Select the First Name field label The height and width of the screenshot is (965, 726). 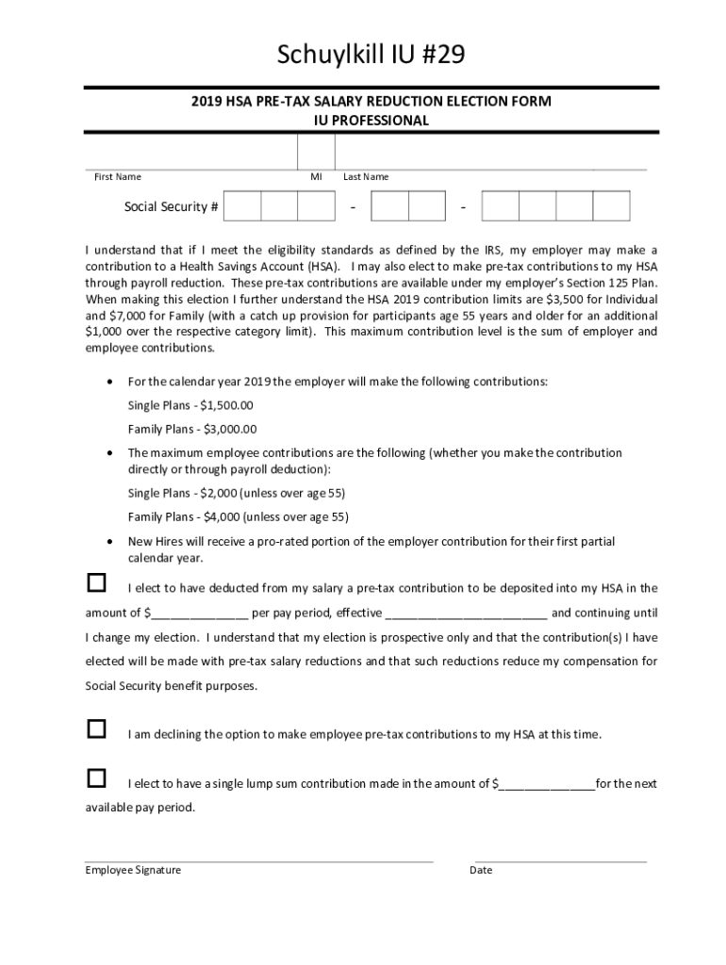coord(118,177)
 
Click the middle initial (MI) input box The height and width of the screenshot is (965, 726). coord(316,152)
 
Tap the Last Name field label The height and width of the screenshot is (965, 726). coord(366,177)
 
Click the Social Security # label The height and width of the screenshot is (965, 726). coord(172,206)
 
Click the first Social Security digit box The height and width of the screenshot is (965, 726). coord(242,205)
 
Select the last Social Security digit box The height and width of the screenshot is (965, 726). coord(611,205)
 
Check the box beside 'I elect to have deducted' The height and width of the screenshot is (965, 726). coord(96,582)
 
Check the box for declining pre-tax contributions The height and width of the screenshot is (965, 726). coord(96,728)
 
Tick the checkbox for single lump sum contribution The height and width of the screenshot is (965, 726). coord(96,778)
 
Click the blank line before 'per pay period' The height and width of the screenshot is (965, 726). coord(199,613)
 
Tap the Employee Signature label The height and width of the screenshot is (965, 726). coord(133,870)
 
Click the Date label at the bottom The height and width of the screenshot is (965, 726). coord(481,870)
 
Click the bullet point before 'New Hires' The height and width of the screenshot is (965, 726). coord(112,542)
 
